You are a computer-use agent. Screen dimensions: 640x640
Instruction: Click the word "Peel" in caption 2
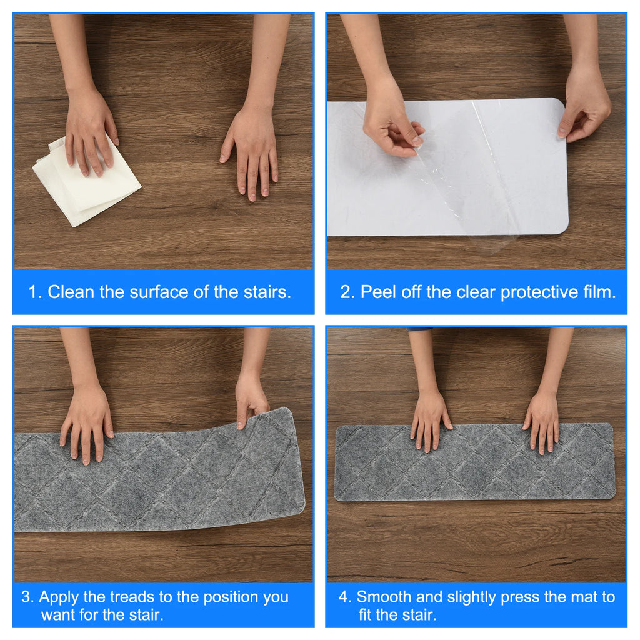pyautogui.click(x=378, y=292)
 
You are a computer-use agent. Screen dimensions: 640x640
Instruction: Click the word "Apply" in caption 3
pyautogui.click(x=59, y=597)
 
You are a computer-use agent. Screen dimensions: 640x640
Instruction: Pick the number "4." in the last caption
pyautogui.click(x=345, y=597)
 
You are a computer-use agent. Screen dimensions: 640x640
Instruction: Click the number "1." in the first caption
pyautogui.click(x=35, y=292)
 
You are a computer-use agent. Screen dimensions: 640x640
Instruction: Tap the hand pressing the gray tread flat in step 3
pyautogui.click(x=86, y=424)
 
